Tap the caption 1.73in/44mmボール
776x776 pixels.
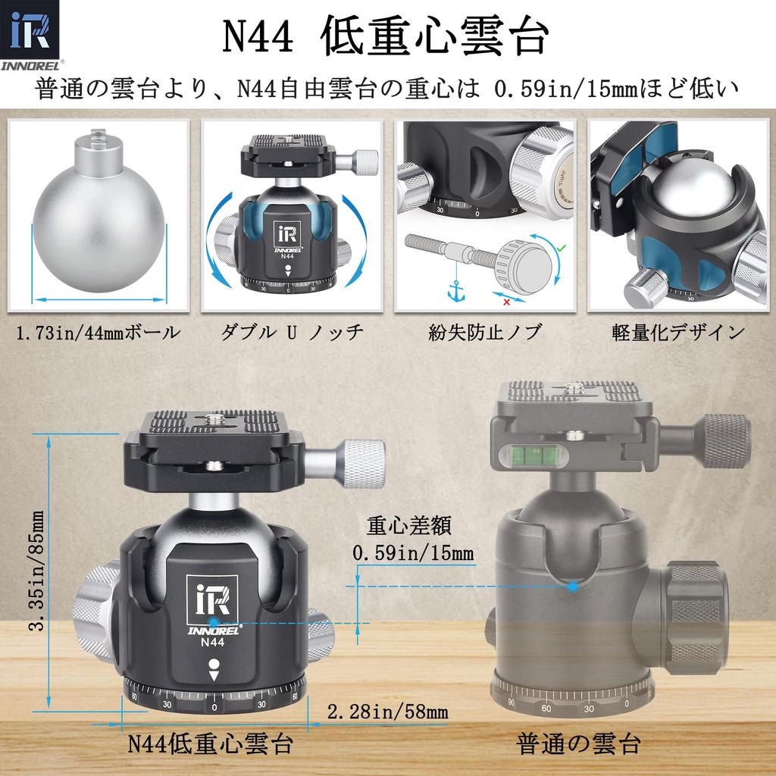tap(98, 331)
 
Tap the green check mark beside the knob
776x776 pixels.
tap(559, 246)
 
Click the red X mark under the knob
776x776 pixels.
tap(505, 302)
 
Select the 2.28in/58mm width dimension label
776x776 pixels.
tap(387, 712)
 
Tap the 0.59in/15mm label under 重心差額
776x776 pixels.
tap(413, 553)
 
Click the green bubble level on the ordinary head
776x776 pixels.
tap(527, 455)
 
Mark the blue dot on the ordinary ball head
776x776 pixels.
tap(574, 586)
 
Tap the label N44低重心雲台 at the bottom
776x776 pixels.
tap(210, 743)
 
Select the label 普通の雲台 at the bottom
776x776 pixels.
tap(579, 743)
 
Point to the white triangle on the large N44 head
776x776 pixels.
tap(214, 677)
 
